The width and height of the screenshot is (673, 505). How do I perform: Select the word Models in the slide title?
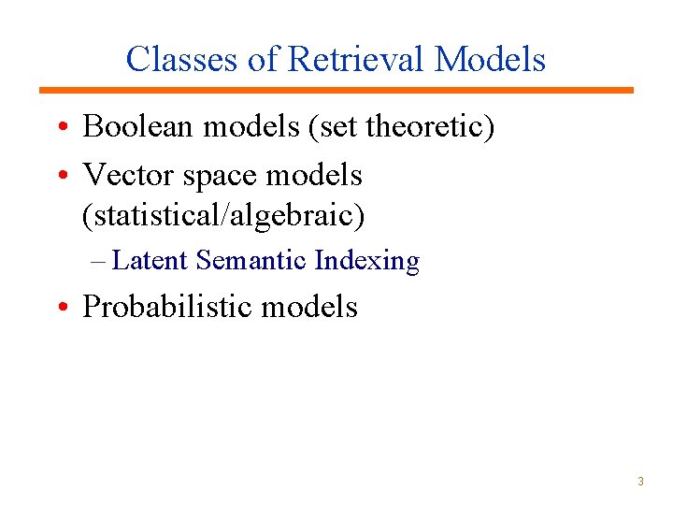point(491,59)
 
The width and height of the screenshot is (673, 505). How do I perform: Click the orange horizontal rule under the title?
point(336,91)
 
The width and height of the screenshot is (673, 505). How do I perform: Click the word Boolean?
point(141,126)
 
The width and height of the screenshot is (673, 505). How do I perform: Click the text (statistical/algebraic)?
point(223,216)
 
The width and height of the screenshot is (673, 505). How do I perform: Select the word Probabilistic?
point(169,306)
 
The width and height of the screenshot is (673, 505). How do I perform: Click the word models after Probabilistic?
point(311,306)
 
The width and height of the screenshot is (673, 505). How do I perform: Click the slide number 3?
point(640,482)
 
